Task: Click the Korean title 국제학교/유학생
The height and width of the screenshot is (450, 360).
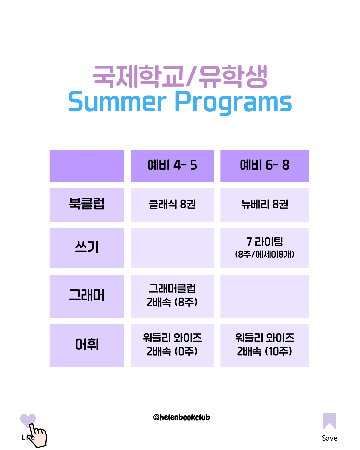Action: tap(180, 77)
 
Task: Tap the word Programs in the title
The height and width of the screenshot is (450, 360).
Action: tap(233, 103)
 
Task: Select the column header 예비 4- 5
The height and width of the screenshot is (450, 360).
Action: tap(172, 165)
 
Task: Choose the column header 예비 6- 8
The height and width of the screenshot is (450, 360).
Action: tap(264, 165)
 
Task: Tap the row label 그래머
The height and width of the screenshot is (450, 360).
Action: tap(87, 295)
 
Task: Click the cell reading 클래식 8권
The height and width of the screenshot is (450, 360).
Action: tap(172, 205)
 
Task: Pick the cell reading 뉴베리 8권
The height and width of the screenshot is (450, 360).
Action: tap(264, 205)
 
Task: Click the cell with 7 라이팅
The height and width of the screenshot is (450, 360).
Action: tap(264, 248)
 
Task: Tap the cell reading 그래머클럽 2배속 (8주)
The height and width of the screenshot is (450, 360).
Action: tap(172, 296)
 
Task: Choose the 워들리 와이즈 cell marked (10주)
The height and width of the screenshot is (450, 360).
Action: tap(264, 345)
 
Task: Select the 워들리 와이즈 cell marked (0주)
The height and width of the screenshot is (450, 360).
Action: tap(172, 345)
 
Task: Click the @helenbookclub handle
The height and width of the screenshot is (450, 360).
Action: tap(181, 417)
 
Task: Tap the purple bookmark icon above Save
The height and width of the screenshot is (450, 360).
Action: tap(329, 421)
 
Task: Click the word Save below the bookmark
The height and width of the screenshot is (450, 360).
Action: tap(329, 438)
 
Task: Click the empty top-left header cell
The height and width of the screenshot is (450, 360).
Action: tap(87, 166)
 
